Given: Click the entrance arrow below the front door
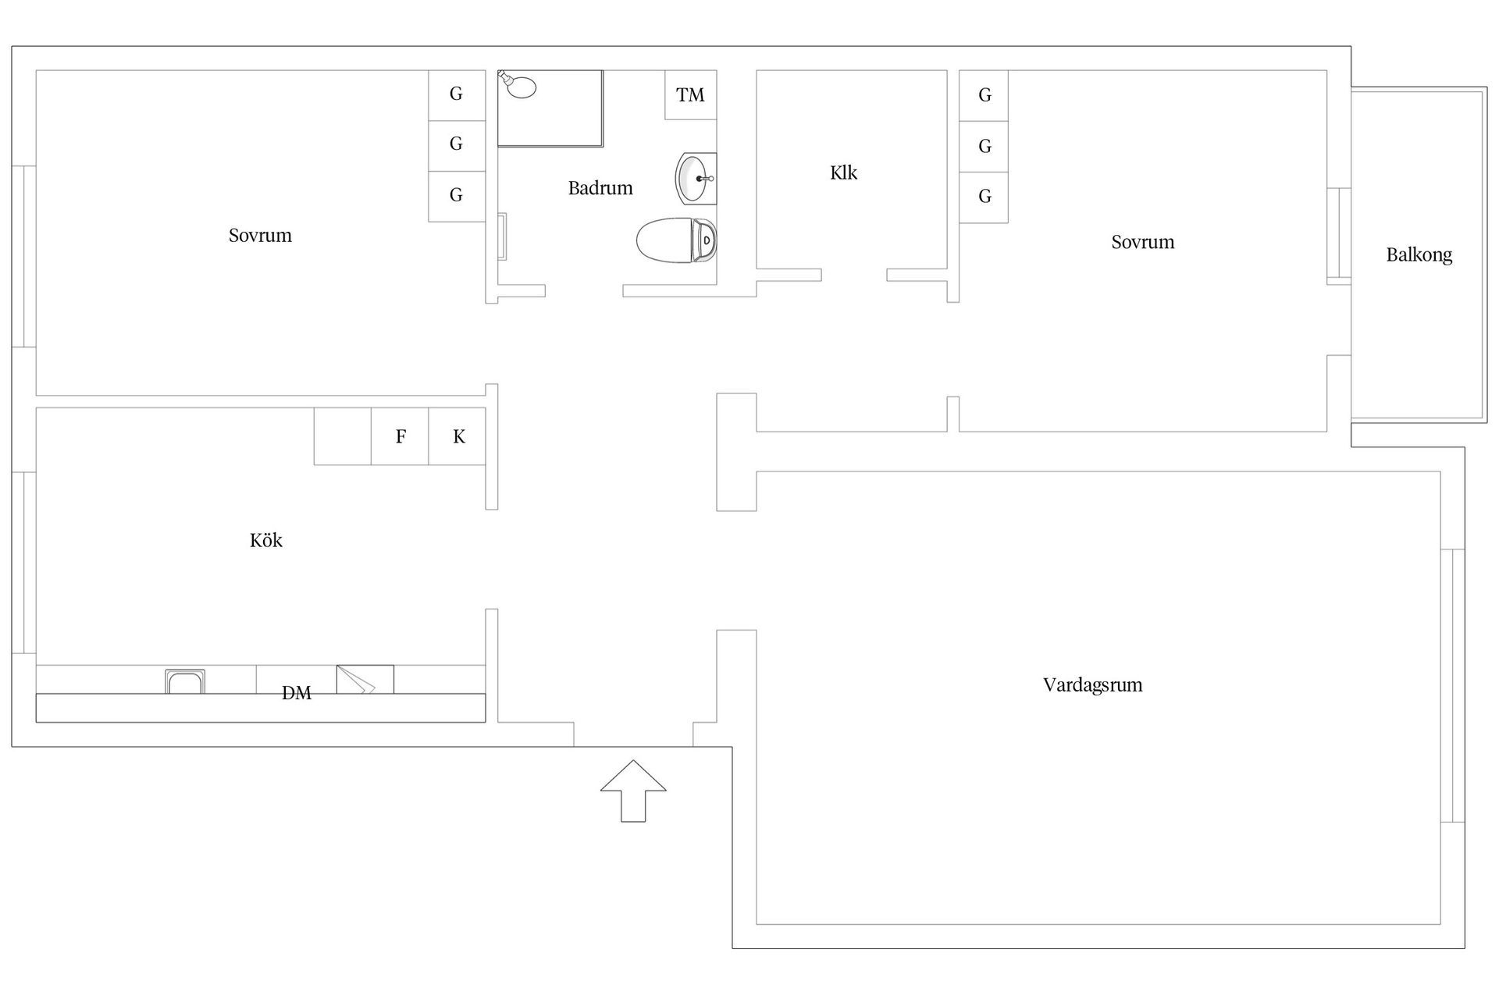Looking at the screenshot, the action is coord(633,791).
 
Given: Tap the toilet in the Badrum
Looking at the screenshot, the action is coord(676,240).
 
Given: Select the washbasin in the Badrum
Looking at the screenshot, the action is coord(696,179).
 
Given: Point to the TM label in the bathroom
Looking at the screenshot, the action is coord(690,95).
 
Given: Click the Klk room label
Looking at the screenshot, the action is coord(843,172).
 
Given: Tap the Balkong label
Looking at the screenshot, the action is coord(1419,255).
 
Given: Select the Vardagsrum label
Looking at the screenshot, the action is coord(1092,685).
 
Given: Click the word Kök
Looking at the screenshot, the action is coord(266,540).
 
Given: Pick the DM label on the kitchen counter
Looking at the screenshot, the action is coord(297,693).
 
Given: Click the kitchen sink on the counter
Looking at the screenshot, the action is coord(185,681).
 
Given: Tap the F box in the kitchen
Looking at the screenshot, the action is coord(400,436).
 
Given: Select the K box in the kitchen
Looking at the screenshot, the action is coord(458,436).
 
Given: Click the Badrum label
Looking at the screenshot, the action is coord(600,188).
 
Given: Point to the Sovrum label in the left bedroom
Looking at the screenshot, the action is coord(260,236).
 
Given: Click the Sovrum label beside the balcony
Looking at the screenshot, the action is coord(1143,242).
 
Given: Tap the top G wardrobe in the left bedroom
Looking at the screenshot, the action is coord(457,95).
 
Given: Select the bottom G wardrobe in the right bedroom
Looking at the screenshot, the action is coord(984,197).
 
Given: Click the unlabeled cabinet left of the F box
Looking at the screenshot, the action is coord(343,436).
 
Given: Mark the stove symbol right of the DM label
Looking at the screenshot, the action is coord(365,679).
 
